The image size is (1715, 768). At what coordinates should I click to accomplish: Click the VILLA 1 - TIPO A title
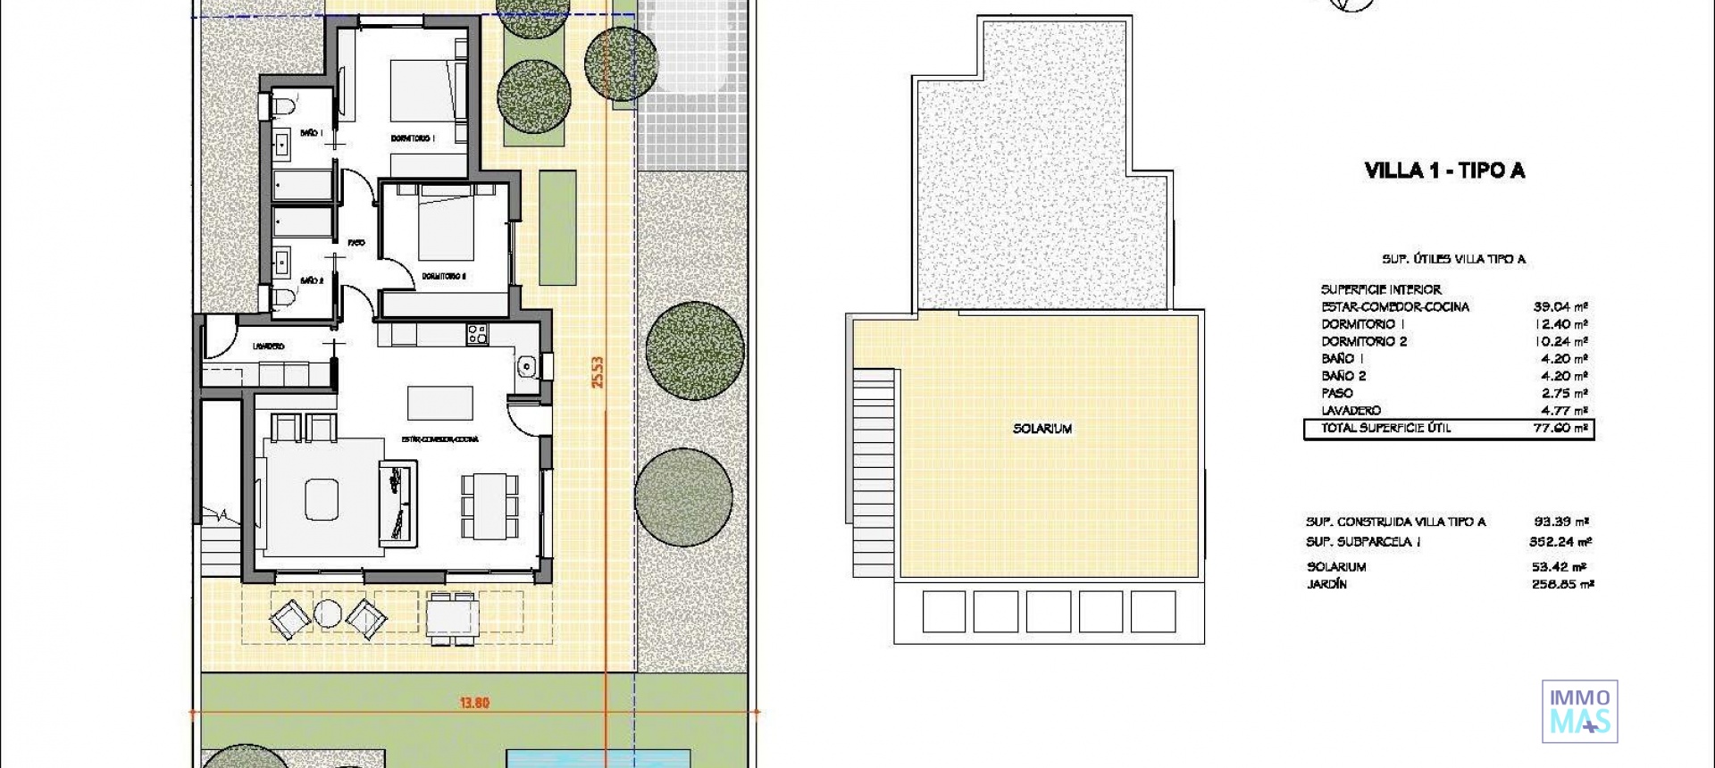[x=1444, y=171]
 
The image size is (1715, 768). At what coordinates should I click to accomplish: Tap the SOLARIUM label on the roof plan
[x=1042, y=429]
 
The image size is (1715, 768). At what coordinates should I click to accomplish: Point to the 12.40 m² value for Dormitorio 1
[x=1560, y=324]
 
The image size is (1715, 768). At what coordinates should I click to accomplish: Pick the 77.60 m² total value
[x=1560, y=428]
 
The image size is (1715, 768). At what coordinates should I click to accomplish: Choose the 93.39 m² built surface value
[x=1560, y=522]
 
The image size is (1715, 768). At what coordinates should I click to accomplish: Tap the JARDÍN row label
[x=1326, y=584]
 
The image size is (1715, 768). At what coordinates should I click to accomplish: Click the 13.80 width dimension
[x=474, y=703]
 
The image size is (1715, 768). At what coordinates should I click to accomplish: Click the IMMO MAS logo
[x=1579, y=711]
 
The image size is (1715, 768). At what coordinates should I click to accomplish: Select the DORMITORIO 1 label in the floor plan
[x=412, y=138]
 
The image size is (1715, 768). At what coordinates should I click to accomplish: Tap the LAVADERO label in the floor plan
[x=268, y=346]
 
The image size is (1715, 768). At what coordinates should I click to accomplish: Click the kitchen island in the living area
[x=440, y=402]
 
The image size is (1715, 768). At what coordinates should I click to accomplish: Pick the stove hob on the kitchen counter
[x=477, y=335]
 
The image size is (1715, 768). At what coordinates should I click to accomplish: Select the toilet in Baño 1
[x=285, y=108]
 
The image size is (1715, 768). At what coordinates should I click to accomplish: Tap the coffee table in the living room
[x=322, y=499]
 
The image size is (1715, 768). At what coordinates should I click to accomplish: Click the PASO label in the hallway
[x=356, y=242]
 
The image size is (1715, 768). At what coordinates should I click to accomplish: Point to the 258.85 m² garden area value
[x=1560, y=584]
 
